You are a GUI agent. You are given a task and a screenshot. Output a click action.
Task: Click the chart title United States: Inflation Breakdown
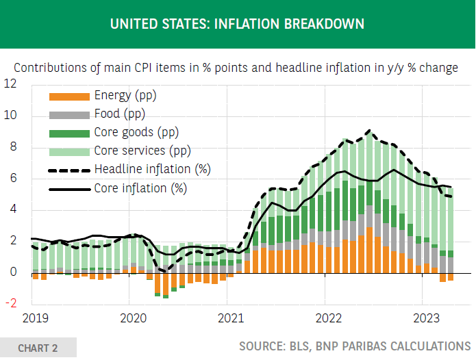[x=237, y=24]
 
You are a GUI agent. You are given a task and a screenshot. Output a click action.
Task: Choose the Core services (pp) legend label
[x=142, y=151]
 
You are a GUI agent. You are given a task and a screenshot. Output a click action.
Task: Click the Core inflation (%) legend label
[x=140, y=188]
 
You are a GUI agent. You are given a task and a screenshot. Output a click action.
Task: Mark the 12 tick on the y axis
[x=10, y=84]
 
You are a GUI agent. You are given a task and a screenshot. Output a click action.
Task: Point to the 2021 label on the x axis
[x=230, y=318]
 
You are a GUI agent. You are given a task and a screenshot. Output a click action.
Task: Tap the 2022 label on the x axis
[x=328, y=318]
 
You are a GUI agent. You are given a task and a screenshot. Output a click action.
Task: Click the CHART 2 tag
[x=38, y=348]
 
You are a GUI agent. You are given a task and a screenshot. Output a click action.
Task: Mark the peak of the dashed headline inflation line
[x=369, y=130]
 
